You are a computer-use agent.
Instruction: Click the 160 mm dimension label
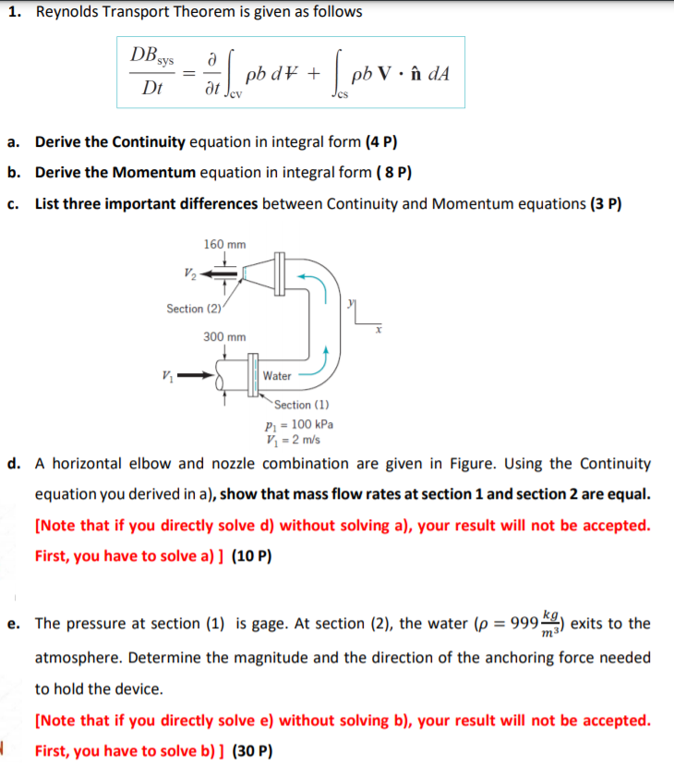click(224, 245)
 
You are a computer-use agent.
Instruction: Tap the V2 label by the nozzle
click(189, 273)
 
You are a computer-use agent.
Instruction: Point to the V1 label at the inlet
click(166, 375)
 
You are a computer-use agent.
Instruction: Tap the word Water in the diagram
click(277, 376)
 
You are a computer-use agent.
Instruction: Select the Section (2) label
click(191, 308)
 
